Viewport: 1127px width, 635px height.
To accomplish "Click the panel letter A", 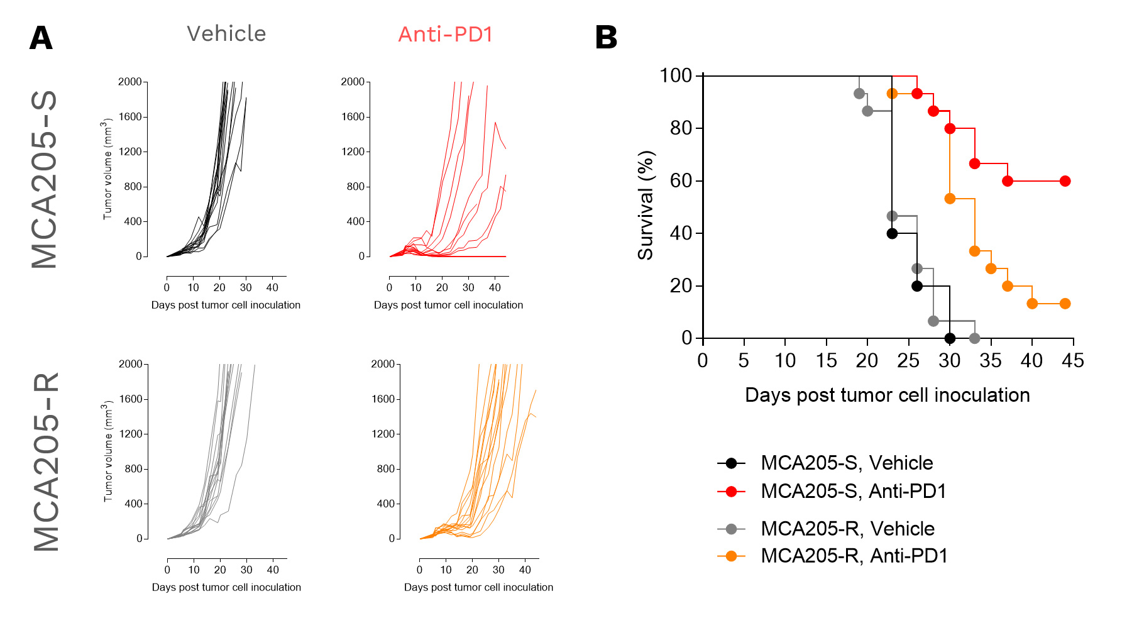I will [x=41, y=38].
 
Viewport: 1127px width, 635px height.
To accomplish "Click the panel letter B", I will [x=606, y=38].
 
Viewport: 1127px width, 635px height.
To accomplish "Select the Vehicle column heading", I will [x=226, y=34].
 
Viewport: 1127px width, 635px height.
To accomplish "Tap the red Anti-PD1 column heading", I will [x=445, y=35].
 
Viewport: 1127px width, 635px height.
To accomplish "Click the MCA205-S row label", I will [x=45, y=179].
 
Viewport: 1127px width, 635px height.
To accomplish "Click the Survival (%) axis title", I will [x=646, y=206].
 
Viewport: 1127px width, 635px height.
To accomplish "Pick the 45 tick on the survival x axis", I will [x=1073, y=361].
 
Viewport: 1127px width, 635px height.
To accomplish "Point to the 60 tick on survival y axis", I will [x=681, y=181].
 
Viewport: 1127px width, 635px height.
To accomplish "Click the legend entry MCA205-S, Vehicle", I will [x=846, y=463].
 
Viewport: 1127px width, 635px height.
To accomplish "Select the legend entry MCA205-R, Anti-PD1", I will [x=854, y=556].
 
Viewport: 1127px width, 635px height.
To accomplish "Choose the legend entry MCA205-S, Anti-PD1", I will [x=853, y=491].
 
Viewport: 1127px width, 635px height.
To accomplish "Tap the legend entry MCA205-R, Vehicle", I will [x=847, y=529].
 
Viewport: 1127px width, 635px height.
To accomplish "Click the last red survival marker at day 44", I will [x=1065, y=181].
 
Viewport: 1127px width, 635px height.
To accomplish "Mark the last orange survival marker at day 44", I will [x=1065, y=304].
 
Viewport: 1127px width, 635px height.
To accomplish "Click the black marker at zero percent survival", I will [x=950, y=338].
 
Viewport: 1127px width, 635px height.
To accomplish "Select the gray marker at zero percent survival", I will [x=974, y=338].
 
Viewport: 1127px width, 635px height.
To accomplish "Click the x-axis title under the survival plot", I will [x=887, y=395].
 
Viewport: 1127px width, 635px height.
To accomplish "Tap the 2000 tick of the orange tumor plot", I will [x=382, y=364].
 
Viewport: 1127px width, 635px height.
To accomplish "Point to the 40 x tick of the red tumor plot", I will [x=495, y=287].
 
